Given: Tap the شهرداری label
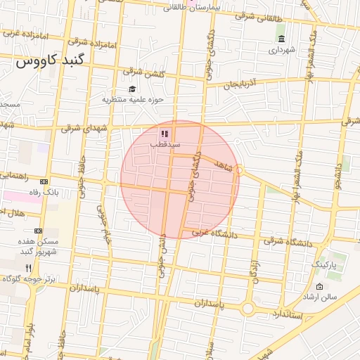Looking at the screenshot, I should pyautogui.click(x=283, y=50).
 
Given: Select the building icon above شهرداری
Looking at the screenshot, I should pyautogui.click(x=281, y=39).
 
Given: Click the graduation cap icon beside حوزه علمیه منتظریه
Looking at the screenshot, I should pyautogui.click(x=131, y=89).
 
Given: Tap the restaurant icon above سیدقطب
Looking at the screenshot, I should pyautogui.click(x=164, y=133).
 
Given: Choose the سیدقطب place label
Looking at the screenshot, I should pyautogui.click(x=165, y=144).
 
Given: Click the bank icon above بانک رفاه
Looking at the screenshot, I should pyautogui.click(x=46, y=181).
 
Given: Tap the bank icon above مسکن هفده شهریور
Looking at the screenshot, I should pyautogui.click(x=38, y=231).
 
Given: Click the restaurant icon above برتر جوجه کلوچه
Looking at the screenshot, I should pyautogui.click(x=28, y=267).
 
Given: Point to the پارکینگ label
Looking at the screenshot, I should pyautogui.click(x=325, y=264).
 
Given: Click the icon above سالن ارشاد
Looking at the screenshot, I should pyautogui.click(x=320, y=286).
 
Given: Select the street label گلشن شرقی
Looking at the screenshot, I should pyautogui.click(x=143, y=71).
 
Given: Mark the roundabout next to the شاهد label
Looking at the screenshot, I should pyautogui.click(x=240, y=169).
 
